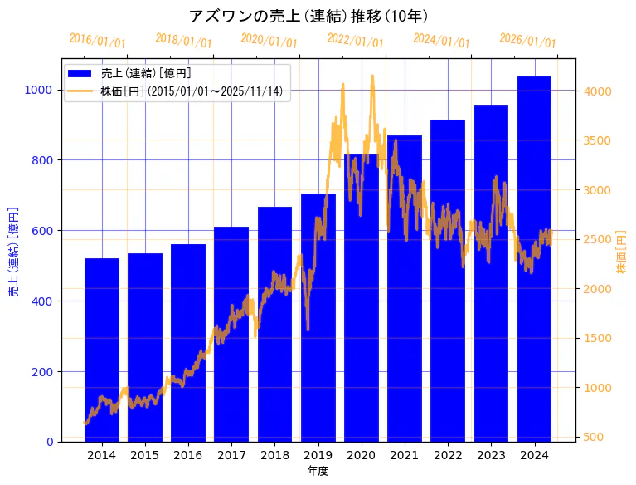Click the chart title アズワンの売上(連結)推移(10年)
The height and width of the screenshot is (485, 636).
point(308,16)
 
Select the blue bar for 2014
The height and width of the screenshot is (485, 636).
point(102,350)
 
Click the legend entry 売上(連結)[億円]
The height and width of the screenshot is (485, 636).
point(140,73)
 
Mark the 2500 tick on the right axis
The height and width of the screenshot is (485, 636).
point(600,239)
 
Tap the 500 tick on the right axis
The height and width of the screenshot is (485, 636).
point(596,437)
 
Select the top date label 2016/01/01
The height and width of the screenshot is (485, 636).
point(97,40)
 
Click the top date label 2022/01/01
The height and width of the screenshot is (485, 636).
point(355,40)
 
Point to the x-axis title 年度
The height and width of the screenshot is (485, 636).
point(318,471)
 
